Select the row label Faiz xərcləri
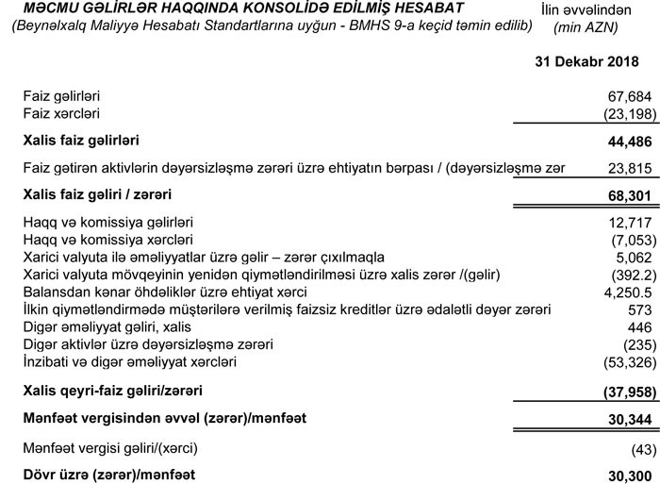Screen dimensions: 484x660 [62, 114]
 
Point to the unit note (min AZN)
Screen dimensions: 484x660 [586, 27]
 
